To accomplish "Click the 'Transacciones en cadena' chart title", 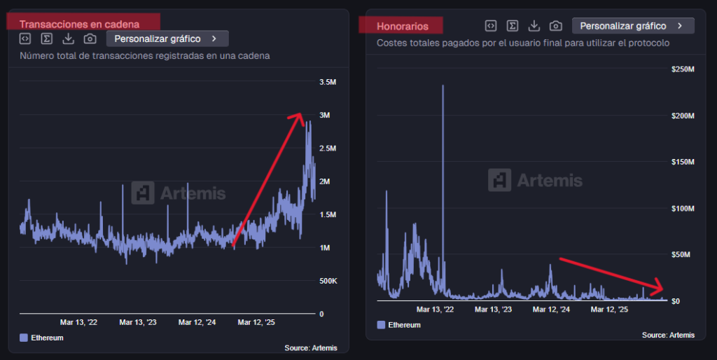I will pyautogui.click(x=79, y=25).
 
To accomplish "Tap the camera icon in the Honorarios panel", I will pyautogui.click(x=555, y=26).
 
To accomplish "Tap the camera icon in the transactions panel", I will pyautogui.click(x=90, y=39).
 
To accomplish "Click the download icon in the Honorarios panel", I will pyautogui.click(x=534, y=26).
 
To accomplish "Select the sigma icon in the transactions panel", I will pyautogui.click(x=46, y=39).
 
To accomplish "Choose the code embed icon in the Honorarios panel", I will pyautogui.click(x=491, y=26).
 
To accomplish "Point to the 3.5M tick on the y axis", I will pyautogui.click(x=328, y=82).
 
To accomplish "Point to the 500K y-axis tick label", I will pyautogui.click(x=328, y=281).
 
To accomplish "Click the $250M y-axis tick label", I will pyautogui.click(x=682, y=69).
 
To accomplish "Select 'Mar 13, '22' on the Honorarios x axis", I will pyautogui.click(x=435, y=309).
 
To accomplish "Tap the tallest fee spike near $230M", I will pyautogui.click(x=443, y=87).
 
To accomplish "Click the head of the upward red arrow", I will pyautogui.click(x=299, y=116).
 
